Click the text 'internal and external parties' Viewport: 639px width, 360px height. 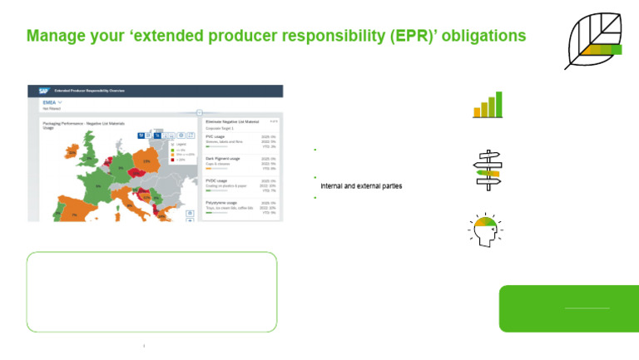click(360, 186)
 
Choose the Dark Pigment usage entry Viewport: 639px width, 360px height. click(222, 158)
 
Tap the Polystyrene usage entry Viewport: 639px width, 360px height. click(221, 203)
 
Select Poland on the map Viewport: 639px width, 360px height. click(146, 161)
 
